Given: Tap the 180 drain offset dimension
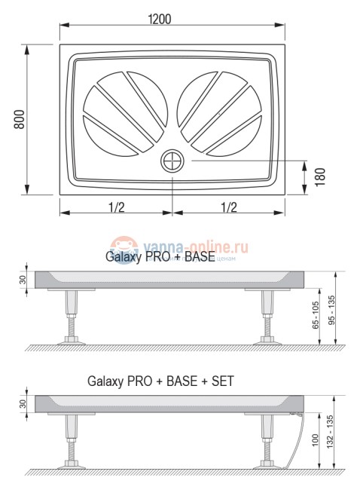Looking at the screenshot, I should (319, 176).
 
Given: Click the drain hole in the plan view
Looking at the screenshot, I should (172, 161).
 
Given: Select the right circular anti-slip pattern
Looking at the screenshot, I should (219, 112).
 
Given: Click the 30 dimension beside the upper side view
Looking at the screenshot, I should (23, 279).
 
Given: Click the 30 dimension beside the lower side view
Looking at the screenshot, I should (23, 404).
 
